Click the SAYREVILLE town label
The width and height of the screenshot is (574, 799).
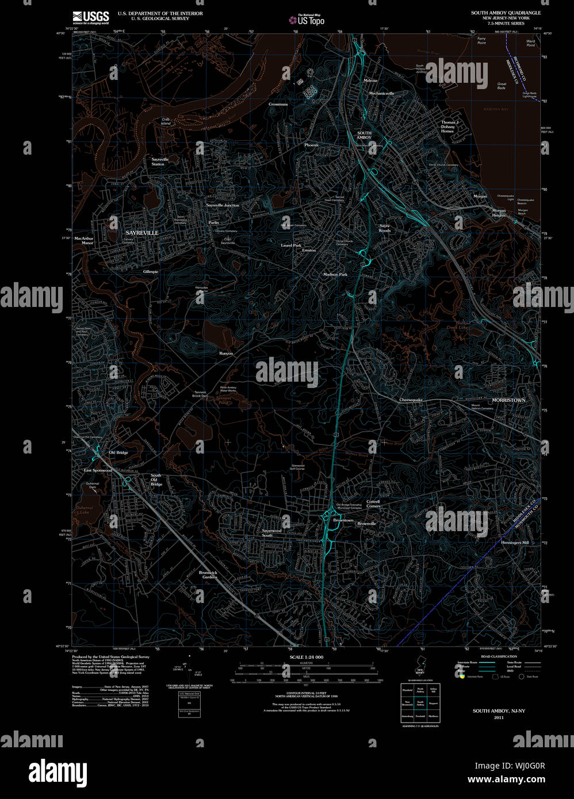141,233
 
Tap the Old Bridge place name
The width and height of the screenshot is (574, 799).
118,452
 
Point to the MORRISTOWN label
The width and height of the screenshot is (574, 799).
508,400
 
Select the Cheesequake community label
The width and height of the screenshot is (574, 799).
411,400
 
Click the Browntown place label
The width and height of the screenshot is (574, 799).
343,520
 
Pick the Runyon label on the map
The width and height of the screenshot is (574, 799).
226,354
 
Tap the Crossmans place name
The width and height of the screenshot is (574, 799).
278,104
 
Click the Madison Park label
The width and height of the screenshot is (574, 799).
335,275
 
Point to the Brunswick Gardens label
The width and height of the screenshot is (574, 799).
208,574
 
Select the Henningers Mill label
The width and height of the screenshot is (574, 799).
515,543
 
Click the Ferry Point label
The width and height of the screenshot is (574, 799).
481,41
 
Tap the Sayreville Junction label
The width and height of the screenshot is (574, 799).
223,205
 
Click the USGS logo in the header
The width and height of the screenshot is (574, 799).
90,17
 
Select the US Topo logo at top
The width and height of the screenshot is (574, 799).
307,20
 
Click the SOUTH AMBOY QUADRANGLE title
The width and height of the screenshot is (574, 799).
506,13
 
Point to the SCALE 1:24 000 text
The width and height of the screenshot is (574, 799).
307,657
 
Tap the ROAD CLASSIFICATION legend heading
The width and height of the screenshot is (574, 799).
499,656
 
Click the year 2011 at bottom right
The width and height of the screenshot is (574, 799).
499,717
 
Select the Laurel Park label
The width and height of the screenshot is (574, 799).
291,245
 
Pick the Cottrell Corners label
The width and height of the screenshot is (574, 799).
373,504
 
